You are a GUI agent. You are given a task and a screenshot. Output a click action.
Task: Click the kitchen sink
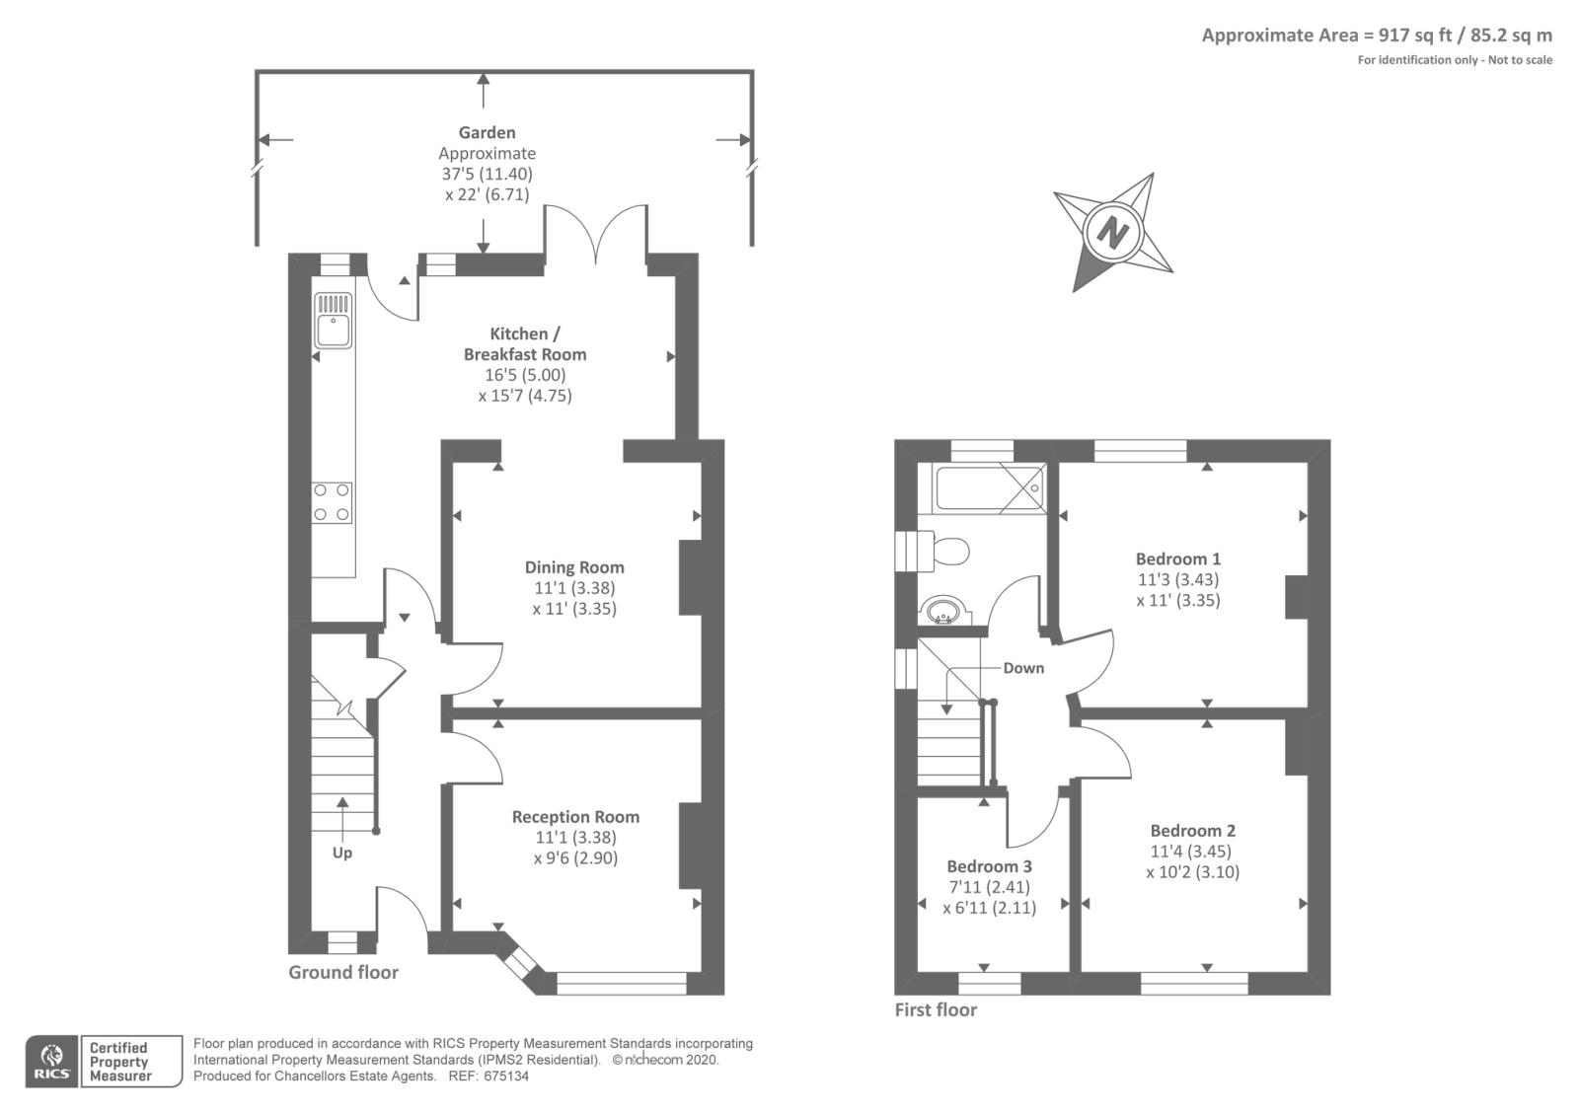[x=333, y=321]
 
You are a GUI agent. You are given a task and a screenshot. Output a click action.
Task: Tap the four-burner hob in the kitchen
[x=333, y=501]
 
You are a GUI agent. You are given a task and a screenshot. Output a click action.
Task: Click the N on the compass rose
[x=1113, y=233]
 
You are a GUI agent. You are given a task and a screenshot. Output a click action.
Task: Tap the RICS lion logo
[x=51, y=1061]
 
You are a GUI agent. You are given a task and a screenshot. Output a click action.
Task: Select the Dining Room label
[x=574, y=567]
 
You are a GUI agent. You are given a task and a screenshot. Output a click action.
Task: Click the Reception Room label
[x=575, y=817]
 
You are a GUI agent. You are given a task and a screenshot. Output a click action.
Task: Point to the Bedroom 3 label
[x=989, y=866]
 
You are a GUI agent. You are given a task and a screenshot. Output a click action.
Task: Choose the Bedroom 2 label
[x=1192, y=831]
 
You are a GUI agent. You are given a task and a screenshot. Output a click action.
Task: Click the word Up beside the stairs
[x=341, y=853]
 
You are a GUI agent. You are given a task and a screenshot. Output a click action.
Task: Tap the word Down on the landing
[x=1023, y=668]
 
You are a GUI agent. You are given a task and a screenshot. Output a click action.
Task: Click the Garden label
[x=487, y=132]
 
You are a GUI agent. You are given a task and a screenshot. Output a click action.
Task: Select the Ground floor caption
[x=343, y=972]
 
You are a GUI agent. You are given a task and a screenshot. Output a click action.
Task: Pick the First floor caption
[x=936, y=1009]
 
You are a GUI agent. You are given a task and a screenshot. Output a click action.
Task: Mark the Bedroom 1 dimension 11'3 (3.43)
[x=1178, y=579]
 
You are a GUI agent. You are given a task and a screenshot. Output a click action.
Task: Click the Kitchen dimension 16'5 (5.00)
[x=525, y=375]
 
